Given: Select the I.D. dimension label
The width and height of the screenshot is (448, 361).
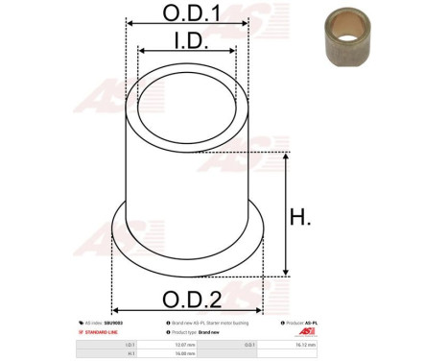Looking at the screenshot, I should coord(187,39).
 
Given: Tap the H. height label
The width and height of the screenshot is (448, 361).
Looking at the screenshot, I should coord(300,218).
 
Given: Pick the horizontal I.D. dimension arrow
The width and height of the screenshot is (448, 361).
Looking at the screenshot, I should coord(187,52).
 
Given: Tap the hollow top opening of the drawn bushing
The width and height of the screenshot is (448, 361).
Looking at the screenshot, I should coord(187,112).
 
